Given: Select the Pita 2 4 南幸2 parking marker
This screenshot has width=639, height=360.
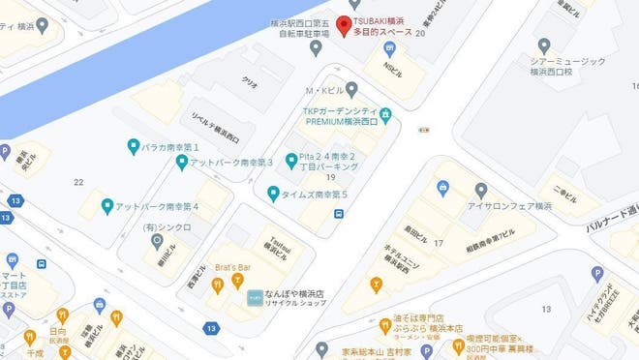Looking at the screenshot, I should (x=290, y=160).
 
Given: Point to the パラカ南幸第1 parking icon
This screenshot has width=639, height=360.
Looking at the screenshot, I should (x=134, y=147).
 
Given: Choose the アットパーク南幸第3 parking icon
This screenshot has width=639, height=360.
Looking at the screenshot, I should (x=181, y=162).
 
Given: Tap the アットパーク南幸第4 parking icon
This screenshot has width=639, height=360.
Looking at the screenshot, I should (x=107, y=206).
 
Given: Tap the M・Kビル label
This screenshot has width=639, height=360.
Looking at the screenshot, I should (x=327, y=90).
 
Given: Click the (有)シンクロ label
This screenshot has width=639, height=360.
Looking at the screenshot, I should (x=167, y=227).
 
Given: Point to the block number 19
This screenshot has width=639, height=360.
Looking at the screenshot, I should (x=330, y=177).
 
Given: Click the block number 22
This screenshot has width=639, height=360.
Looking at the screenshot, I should (x=77, y=182).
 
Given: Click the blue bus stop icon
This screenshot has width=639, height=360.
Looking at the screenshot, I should (x=338, y=214).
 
